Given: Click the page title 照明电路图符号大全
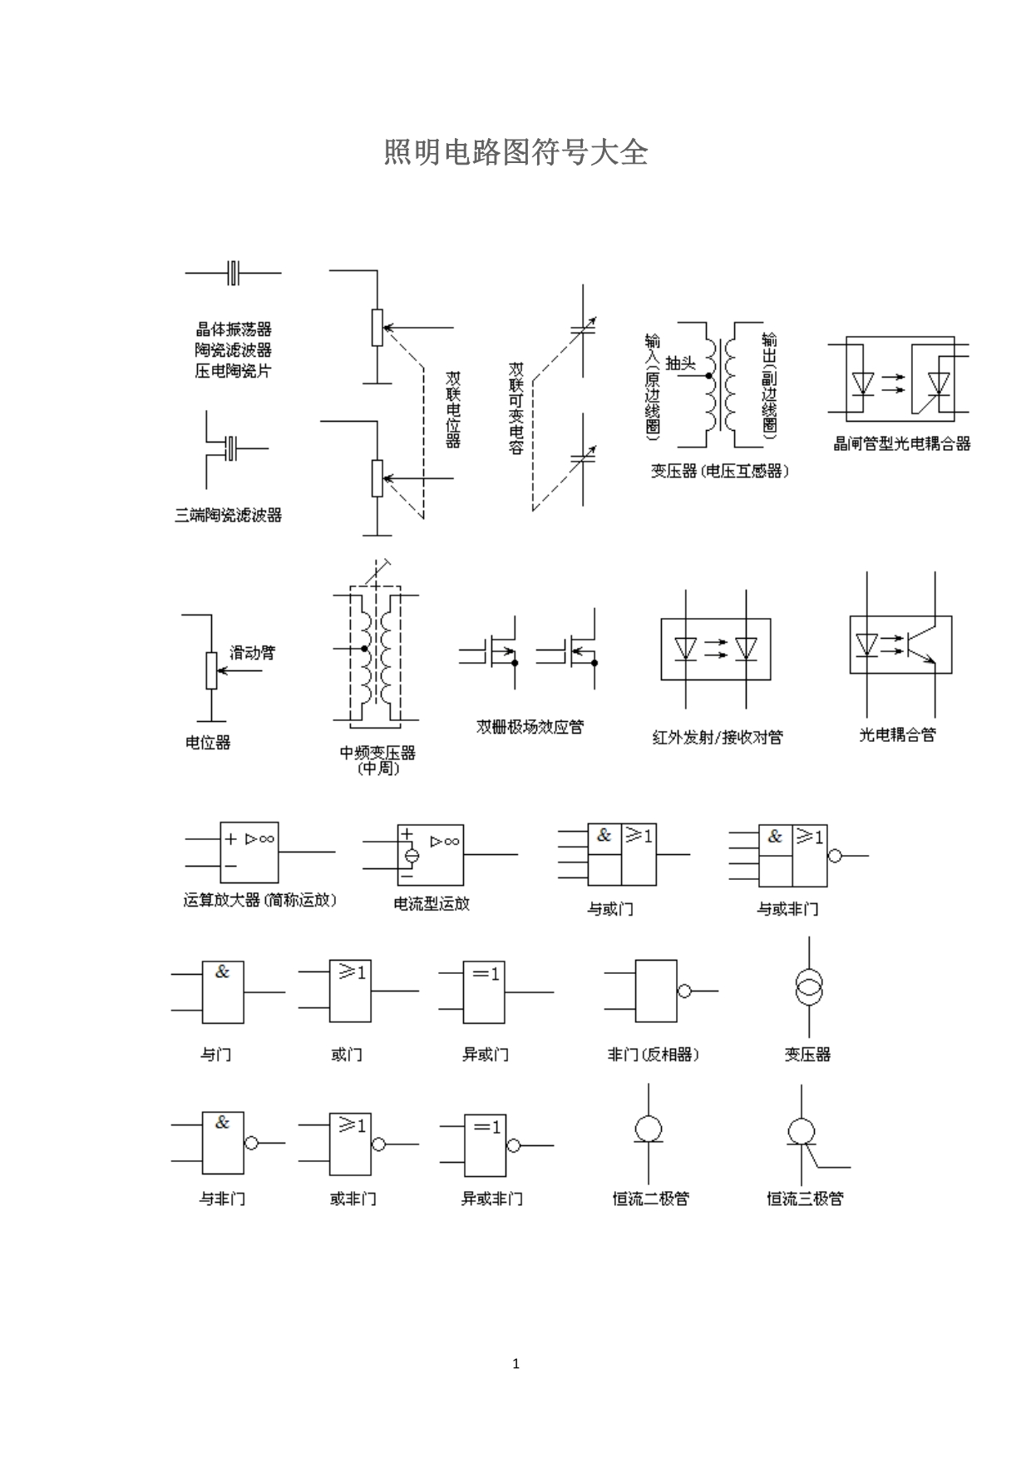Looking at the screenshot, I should [x=515, y=153].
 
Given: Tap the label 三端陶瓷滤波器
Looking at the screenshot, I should [x=228, y=516].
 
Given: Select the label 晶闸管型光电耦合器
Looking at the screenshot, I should [x=902, y=444].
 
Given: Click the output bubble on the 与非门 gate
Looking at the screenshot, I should [x=251, y=1143].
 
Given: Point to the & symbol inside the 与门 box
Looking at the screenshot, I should [x=222, y=971].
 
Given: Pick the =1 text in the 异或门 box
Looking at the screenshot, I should [x=486, y=973].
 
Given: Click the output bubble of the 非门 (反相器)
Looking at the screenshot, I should [x=684, y=991].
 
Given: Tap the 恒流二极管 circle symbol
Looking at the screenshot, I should [x=648, y=1129].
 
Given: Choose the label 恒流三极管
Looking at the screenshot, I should [x=805, y=1199].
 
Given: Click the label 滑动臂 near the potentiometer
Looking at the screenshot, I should [x=252, y=653].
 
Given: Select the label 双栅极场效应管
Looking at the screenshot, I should [x=530, y=727].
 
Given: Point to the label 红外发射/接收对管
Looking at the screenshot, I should [x=718, y=737].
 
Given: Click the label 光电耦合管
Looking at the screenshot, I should [x=897, y=734].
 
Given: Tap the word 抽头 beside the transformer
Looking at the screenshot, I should [x=680, y=363].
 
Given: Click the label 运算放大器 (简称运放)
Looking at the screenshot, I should [x=259, y=900].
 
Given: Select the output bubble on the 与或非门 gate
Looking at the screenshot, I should [x=835, y=855].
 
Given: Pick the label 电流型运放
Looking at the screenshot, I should [x=432, y=903].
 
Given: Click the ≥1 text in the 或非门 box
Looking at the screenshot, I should [x=353, y=1125].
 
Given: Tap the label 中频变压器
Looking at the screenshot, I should [x=377, y=753].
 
